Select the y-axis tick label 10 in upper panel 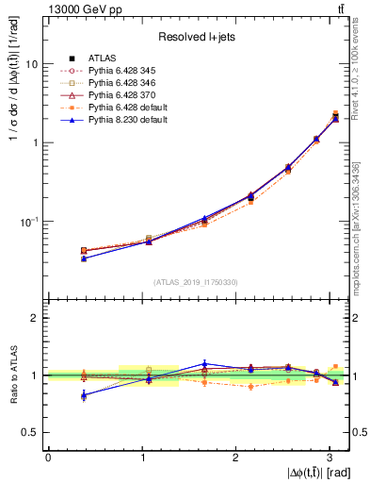click(32, 64)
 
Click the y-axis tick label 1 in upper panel click(35, 142)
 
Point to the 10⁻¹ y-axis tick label click(30, 222)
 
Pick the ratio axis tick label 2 click(35, 318)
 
